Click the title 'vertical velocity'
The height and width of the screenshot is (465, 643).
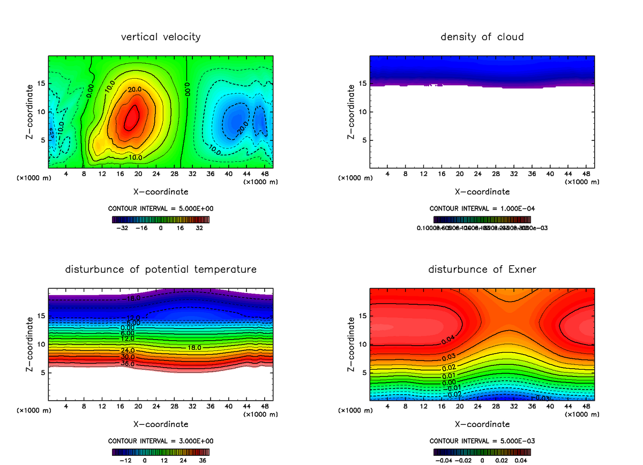pos(161,37)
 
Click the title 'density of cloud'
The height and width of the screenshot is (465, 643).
pos(482,37)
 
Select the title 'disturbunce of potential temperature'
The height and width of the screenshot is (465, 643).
pos(161,269)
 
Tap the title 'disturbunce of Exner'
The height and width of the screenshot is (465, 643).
pos(482,269)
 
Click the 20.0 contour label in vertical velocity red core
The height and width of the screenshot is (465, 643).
pos(135,89)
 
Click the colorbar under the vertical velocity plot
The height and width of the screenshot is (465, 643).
pos(161,219)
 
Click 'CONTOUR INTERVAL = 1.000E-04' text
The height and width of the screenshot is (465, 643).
pos(482,209)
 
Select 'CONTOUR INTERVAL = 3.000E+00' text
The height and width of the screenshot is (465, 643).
pos(161,441)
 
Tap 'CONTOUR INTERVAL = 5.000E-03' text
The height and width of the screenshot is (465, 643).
pos(482,441)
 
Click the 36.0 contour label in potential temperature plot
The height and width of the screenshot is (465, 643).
pos(128,364)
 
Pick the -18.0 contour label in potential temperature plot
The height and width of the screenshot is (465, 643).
pos(131,298)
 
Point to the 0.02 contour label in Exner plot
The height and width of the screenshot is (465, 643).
pos(449,367)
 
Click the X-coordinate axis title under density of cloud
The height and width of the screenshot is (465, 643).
pos(482,192)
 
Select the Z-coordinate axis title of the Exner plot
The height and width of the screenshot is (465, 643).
pos(352,344)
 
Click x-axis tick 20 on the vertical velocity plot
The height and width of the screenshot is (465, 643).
pos(138,174)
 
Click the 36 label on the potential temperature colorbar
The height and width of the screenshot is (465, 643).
pos(203,460)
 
